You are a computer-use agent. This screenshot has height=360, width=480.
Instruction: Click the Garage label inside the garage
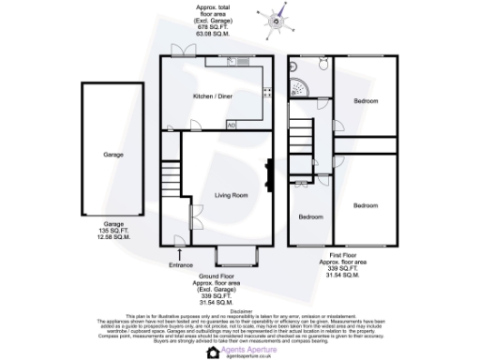[112, 155]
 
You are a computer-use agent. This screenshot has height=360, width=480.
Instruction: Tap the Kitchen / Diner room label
[214, 97]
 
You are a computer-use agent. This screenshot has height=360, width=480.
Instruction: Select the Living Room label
[231, 195]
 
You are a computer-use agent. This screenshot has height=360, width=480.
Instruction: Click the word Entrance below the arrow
[180, 265]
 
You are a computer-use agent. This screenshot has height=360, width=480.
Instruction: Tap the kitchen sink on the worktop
[243, 63]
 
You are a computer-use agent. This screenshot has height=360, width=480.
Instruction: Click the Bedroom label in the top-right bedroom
[366, 100]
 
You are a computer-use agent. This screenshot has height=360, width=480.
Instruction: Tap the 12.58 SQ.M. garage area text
[113, 238]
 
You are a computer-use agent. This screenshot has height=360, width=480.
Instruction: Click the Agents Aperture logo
[238, 350]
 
